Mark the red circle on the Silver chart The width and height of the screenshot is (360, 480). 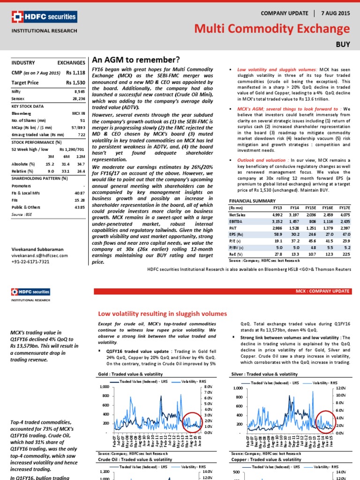point(325,420)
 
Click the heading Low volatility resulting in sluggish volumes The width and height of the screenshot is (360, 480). point(162,314)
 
